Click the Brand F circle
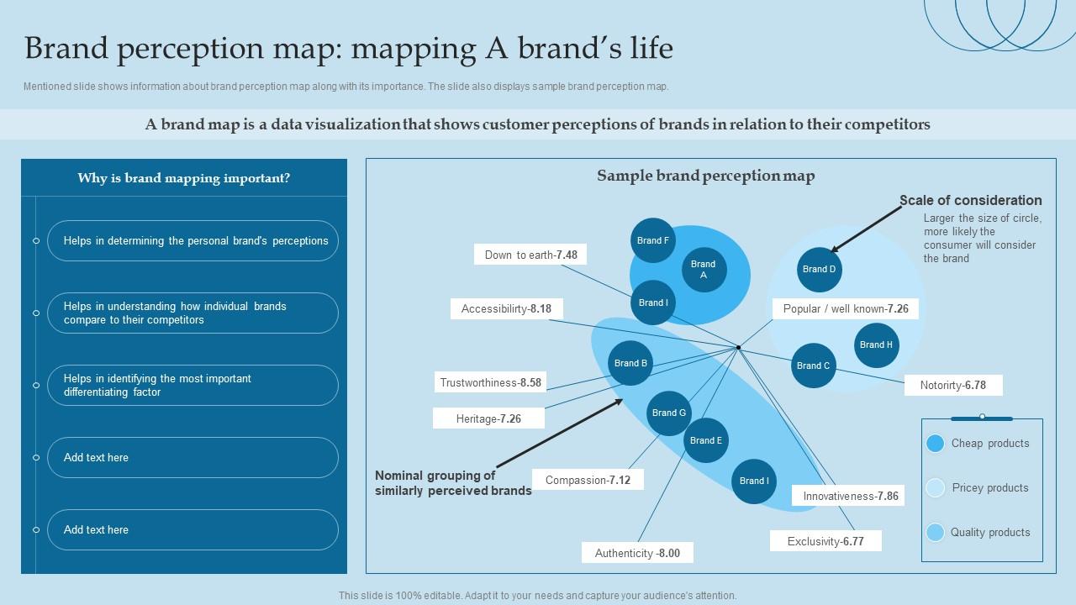pos(653,240)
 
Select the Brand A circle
pos(704,270)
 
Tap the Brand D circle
pos(820,270)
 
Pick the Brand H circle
pos(876,345)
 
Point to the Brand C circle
pos(814,366)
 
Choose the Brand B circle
pos(630,363)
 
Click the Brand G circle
pos(669,413)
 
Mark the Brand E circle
pos(706,440)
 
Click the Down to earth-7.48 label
pos(530,255)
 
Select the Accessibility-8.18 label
pos(506,308)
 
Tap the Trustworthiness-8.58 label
pos(491,382)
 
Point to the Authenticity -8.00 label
pos(637,553)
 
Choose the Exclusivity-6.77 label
pos(825,541)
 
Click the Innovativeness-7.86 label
pos(851,496)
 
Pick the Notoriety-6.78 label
pos(953,385)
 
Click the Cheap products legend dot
pos(935,444)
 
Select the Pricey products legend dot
pos(935,488)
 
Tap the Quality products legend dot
pos(935,532)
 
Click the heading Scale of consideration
pos(971,200)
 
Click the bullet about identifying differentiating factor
pos(193,386)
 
